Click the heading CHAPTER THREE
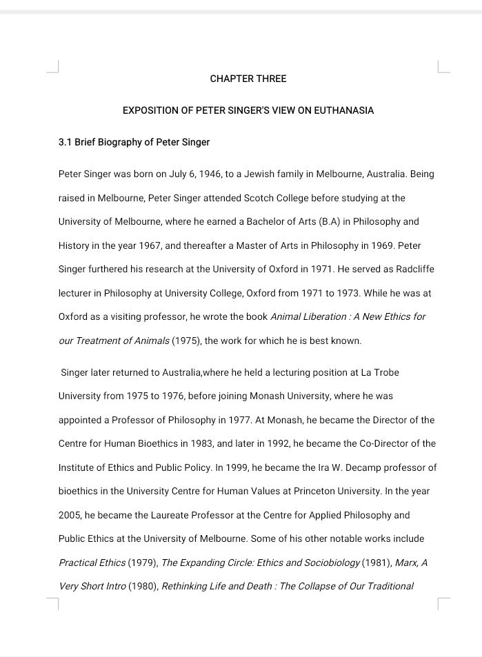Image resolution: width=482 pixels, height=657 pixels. pos(248,79)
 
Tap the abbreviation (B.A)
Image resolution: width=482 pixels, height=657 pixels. pos(323,222)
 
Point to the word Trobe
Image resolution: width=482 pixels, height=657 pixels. pos(386,372)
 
